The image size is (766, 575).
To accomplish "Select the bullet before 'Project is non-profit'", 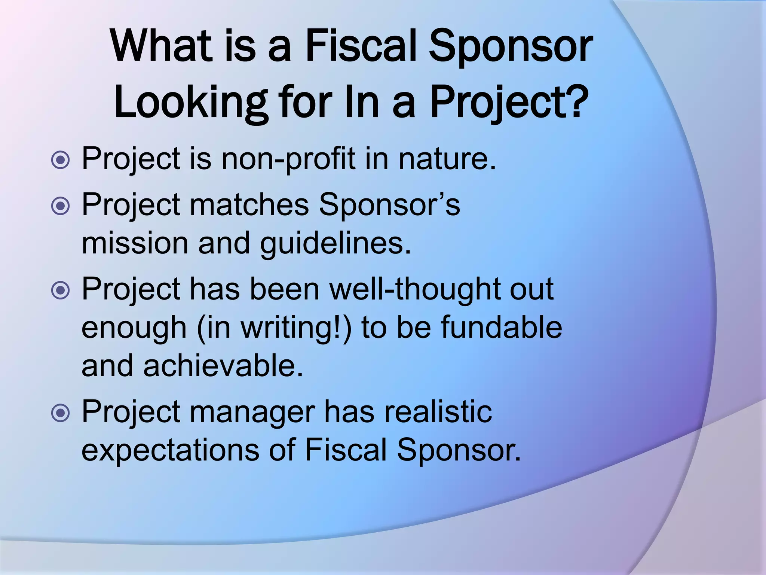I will click(x=60, y=160).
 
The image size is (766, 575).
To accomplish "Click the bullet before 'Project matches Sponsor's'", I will click(x=60, y=206).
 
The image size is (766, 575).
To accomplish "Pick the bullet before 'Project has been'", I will click(x=60, y=290).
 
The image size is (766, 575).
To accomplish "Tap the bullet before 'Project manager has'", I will click(x=60, y=413).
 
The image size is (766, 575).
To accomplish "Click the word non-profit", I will click(x=288, y=159).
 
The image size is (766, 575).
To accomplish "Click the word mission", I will click(x=135, y=243).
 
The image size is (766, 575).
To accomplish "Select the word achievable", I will click(x=223, y=366).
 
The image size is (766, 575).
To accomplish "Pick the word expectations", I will click(x=170, y=450).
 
